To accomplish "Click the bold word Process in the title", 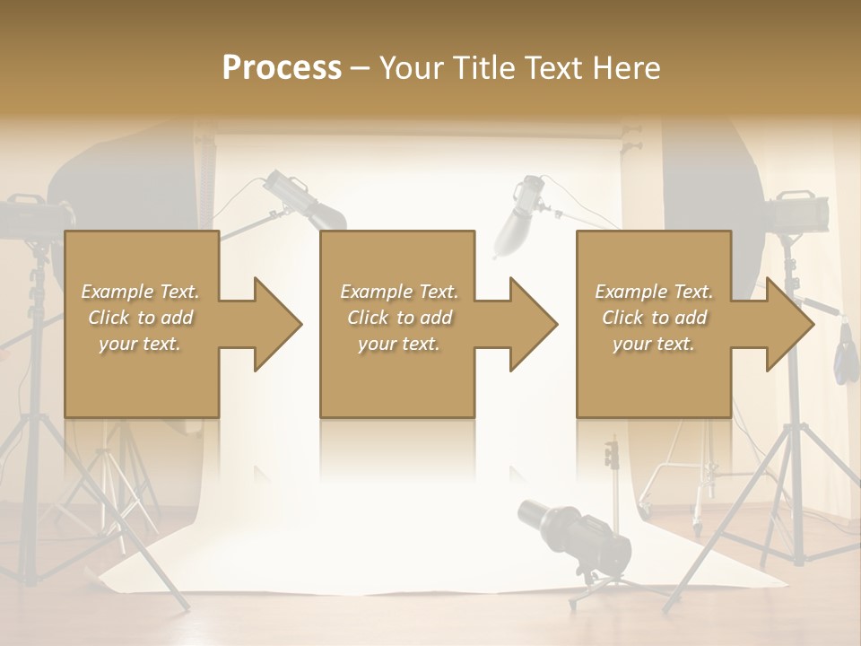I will coord(282,67).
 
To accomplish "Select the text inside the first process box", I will coord(140,318).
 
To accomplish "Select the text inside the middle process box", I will coord(399,318).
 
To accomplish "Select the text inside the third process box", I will coord(654,318).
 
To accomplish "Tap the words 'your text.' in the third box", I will coord(654,344).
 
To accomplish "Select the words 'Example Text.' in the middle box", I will coord(399,292).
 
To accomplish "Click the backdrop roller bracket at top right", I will coord(634,140).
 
